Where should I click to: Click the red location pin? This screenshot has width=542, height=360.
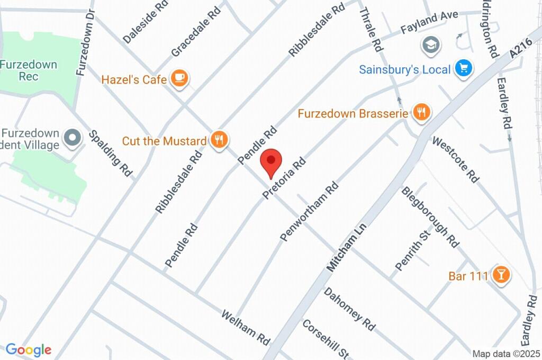pyautogui.click(x=271, y=162)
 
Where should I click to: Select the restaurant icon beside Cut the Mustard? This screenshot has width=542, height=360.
pyautogui.click(x=219, y=140)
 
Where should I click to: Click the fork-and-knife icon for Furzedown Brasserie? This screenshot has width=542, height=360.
pyautogui.click(x=421, y=112)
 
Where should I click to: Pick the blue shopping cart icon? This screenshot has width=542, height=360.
pyautogui.click(x=464, y=68)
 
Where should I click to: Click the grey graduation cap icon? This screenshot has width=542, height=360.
pyautogui.click(x=431, y=45)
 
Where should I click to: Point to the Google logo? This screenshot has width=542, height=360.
pyautogui.click(x=29, y=349)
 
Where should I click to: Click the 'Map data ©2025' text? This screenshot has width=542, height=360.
pyautogui.click(x=506, y=354)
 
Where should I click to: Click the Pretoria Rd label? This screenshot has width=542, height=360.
pyautogui.click(x=284, y=178)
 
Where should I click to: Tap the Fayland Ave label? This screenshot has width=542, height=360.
pyautogui.click(x=429, y=22)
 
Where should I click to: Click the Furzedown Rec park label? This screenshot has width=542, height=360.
pyautogui.click(x=29, y=70)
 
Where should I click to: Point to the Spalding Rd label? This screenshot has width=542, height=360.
pyautogui.click(x=110, y=153)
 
